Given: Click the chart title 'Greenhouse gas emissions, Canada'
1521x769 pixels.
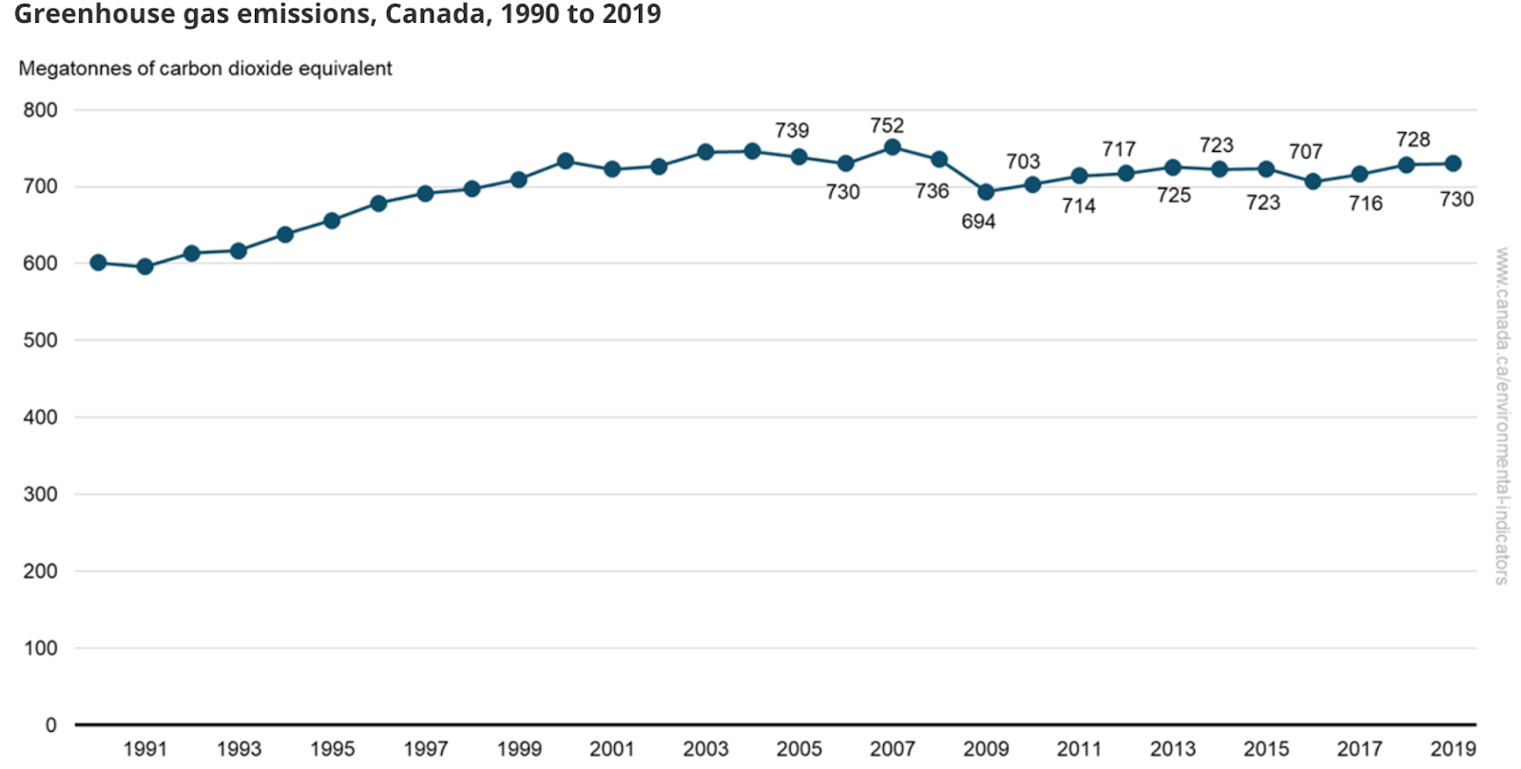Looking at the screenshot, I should click(337, 15).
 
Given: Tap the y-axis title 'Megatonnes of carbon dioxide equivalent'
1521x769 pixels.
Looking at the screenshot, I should click(205, 68).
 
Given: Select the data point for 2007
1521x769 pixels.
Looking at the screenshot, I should click(892, 147).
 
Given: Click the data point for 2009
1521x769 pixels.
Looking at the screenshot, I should click(986, 192).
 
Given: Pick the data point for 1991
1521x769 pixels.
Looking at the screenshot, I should click(145, 267).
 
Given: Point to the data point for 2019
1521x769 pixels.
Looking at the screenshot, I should click(1453, 163).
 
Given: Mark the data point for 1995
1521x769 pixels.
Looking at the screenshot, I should click(332, 221).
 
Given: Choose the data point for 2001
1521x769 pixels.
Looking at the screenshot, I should click(612, 169).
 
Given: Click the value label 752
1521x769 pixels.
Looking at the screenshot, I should click(887, 125).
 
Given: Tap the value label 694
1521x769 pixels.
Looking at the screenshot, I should click(978, 221).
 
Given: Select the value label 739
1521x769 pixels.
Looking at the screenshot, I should click(792, 130).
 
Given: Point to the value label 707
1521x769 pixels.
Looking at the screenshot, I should click(1305, 152).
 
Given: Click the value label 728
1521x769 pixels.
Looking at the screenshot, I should click(1413, 140).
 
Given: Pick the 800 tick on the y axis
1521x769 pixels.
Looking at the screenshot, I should click(40, 110).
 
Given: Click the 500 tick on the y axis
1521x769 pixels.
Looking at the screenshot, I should click(40, 340).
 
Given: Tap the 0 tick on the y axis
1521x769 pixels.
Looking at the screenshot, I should click(51, 725).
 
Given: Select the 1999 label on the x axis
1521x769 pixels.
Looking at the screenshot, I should click(519, 749).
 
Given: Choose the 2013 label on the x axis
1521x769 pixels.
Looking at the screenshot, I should click(1173, 749).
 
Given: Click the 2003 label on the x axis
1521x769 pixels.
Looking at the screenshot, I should click(705, 749).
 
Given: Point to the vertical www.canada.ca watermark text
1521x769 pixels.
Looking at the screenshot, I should click(1501, 415).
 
